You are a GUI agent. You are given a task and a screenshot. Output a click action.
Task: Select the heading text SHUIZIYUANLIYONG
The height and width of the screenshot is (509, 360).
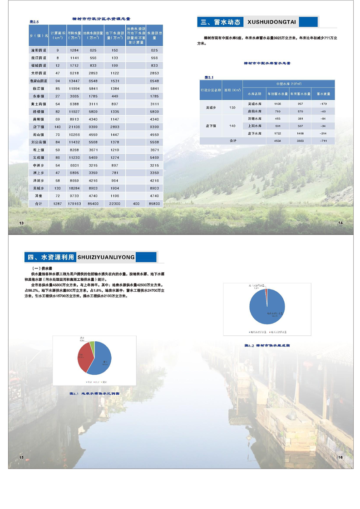[106, 257]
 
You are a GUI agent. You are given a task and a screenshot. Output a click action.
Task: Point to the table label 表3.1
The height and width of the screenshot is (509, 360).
[209, 77]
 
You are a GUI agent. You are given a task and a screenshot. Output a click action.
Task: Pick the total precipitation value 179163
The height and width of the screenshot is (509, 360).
[74, 204]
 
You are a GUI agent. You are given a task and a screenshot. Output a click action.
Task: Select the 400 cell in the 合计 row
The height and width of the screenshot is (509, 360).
[136, 204]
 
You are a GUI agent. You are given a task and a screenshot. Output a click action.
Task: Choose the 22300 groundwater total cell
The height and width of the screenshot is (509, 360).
[115, 204]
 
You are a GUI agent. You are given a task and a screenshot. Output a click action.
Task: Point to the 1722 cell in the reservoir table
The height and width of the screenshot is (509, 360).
[277, 134]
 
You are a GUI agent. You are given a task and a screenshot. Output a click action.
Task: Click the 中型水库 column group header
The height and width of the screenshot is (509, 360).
[289, 84]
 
